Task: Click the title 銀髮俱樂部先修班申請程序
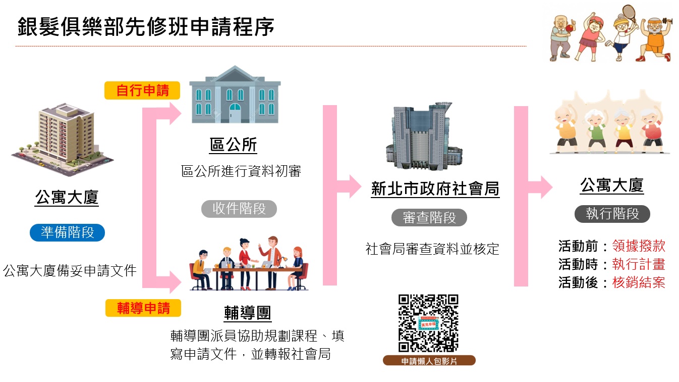click(146, 27)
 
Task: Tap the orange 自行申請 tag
click(142, 91)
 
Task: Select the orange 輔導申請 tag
click(143, 308)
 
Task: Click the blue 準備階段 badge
click(67, 232)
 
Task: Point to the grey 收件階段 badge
click(239, 209)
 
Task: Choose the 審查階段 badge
click(429, 218)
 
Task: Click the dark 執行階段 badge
click(612, 214)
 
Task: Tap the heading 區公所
click(233, 146)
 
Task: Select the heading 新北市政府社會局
click(435, 189)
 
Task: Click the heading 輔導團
click(247, 313)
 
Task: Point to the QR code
click(428, 323)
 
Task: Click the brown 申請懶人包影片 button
click(429, 361)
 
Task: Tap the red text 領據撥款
click(639, 246)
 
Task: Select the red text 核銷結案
click(639, 282)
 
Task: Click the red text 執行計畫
click(639, 264)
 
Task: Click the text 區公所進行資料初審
click(241, 171)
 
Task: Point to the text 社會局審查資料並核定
click(432, 249)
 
